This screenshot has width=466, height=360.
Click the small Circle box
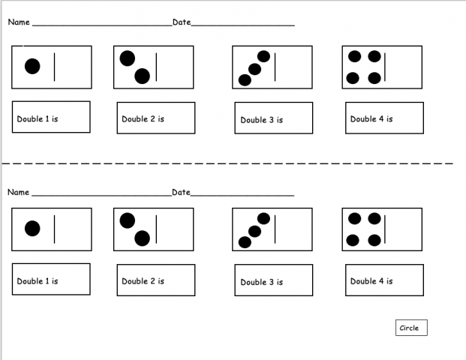(410, 328)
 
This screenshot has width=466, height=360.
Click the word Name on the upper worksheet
(19, 22)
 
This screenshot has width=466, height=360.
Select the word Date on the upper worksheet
(182, 22)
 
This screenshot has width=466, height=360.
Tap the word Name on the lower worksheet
(19, 193)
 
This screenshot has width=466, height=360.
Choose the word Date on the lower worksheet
(182, 193)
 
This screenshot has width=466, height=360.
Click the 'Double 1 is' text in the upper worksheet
(38, 119)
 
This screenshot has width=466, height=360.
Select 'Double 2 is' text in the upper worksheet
(143, 119)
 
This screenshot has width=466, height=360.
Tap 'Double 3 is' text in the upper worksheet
(261, 120)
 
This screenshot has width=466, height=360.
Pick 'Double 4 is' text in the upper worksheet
(371, 119)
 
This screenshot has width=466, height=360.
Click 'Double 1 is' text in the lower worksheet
(38, 281)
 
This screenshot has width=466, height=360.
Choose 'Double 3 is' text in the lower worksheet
(261, 282)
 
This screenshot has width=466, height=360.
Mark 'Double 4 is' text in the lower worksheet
(371, 281)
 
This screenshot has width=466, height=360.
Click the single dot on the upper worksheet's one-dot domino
(32, 66)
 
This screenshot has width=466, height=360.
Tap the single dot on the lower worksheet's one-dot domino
(32, 229)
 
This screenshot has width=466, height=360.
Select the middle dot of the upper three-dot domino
(254, 69)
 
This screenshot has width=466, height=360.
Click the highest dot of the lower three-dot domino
(263, 218)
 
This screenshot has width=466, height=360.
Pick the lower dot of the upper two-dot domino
(143, 75)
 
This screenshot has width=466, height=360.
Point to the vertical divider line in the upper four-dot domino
(385, 66)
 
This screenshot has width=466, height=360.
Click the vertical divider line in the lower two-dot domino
(156, 229)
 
